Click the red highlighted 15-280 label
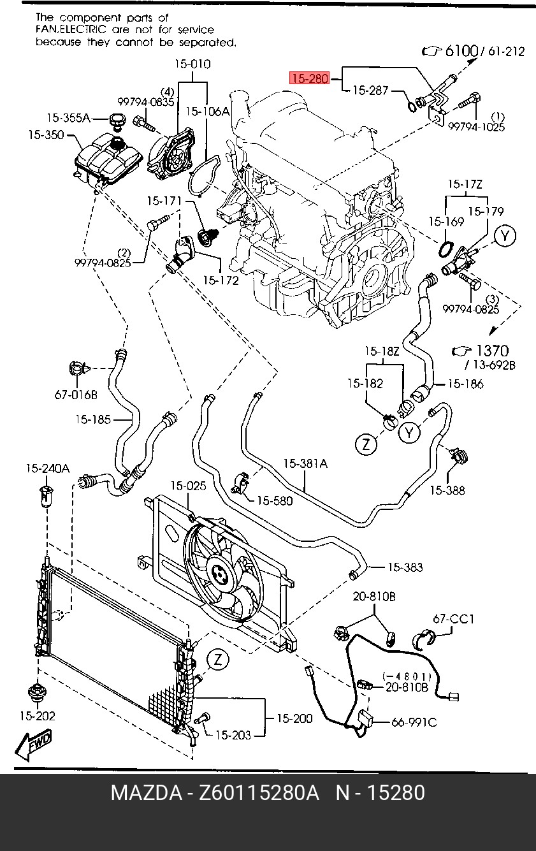point(309,79)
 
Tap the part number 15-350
point(46,135)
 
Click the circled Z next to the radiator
point(218,660)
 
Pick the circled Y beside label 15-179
point(505,236)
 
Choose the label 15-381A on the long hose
point(305,464)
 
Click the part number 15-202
point(37,716)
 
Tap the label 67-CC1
point(454,618)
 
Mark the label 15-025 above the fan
point(188,486)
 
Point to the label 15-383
point(405,567)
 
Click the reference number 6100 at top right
point(461,51)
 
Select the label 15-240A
point(47,469)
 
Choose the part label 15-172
point(221,280)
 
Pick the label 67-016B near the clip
point(75,395)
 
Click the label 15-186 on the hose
point(465,384)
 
